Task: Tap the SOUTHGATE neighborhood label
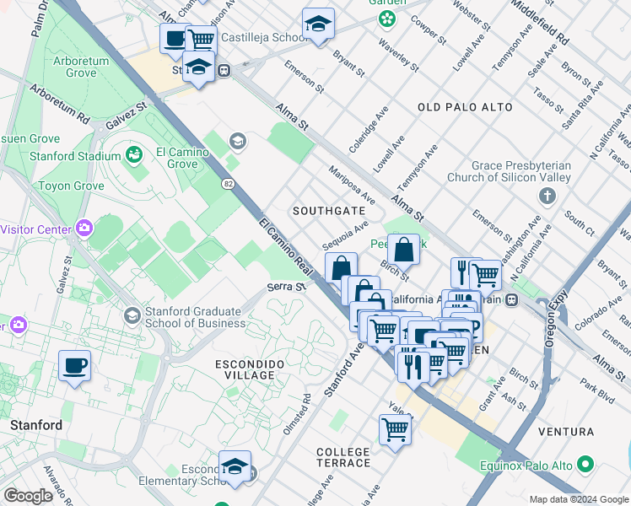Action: click(x=328, y=210)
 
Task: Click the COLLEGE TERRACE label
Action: click(x=342, y=458)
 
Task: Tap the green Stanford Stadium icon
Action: click(x=133, y=154)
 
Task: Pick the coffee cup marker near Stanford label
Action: click(x=74, y=366)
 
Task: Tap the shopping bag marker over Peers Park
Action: click(x=404, y=250)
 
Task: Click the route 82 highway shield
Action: click(x=229, y=182)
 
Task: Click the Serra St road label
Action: click(x=285, y=288)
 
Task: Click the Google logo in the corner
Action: click(x=28, y=495)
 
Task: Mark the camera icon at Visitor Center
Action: click(x=84, y=228)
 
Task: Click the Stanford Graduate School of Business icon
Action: click(x=132, y=315)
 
